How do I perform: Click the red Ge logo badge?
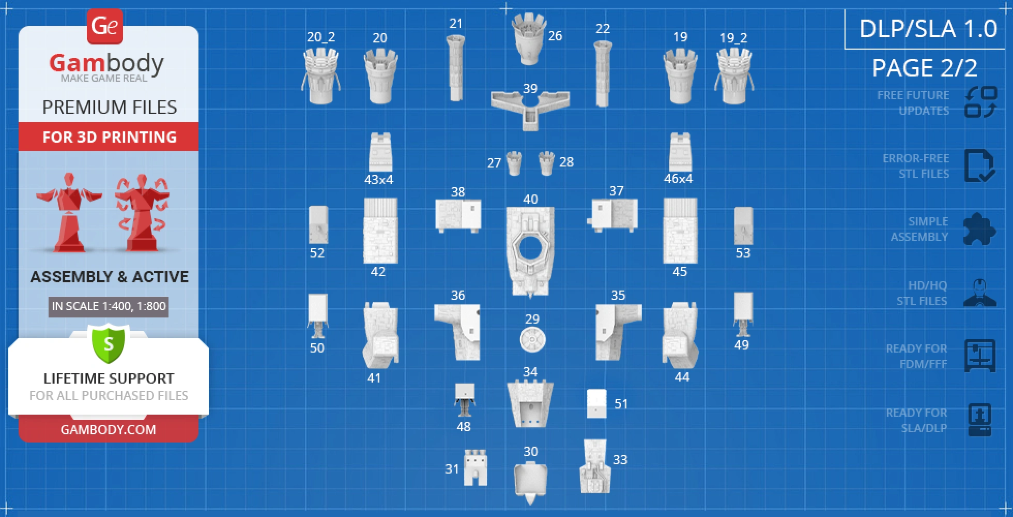point(105,26)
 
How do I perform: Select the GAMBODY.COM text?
point(109,430)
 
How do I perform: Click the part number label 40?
point(530,199)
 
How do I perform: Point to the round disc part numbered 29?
point(532,340)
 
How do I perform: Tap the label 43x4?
point(378,179)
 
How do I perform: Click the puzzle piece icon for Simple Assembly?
point(979,229)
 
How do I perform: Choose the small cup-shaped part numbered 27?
point(514,163)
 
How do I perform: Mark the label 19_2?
point(733,38)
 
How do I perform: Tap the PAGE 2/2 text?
point(924,68)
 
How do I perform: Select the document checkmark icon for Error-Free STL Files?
point(979,165)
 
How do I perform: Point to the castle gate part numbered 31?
point(475,468)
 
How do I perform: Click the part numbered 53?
point(743,226)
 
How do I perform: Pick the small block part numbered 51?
point(596,404)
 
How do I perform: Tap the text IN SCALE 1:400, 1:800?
point(109,306)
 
